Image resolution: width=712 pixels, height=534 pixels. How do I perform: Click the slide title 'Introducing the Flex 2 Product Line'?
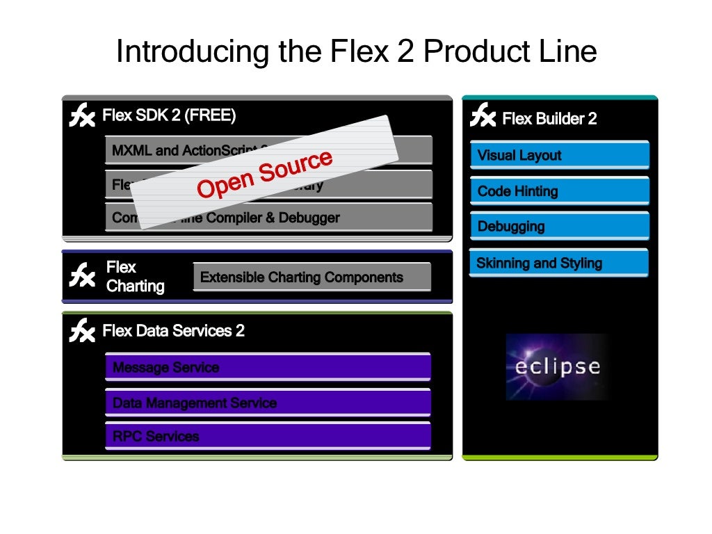356,51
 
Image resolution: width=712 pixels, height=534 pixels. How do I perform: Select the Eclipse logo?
558,366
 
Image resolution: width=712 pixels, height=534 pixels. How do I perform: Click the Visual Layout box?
559,155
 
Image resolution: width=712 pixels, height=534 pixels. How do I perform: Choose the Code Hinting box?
559,191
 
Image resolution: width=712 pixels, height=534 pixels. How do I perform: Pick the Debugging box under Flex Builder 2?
559,226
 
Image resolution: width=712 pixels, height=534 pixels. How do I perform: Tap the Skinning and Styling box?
559,263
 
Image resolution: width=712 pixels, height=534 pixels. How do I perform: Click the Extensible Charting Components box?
311,277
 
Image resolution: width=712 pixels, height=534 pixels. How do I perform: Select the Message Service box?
268,367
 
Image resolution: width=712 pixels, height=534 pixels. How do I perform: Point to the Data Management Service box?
268,403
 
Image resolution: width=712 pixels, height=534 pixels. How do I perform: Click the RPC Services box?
268,436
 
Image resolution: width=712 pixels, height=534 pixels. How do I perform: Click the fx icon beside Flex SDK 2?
82,115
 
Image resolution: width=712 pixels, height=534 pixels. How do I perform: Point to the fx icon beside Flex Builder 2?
483,115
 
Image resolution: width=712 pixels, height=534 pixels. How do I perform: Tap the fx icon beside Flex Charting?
82,275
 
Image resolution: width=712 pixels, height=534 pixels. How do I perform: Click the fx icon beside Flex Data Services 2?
82,331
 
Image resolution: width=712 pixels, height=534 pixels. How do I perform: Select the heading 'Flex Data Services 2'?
173,331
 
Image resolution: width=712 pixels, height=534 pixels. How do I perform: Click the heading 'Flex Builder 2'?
549,119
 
